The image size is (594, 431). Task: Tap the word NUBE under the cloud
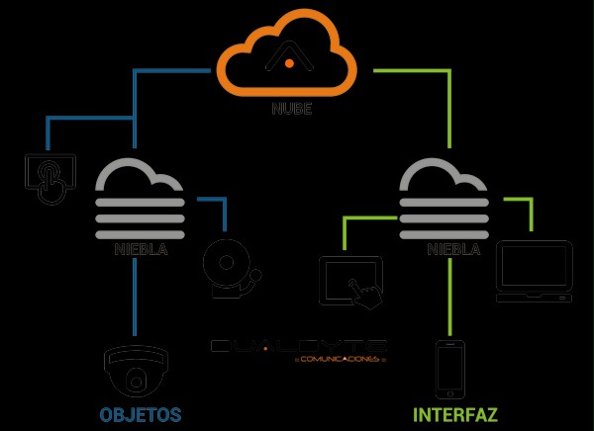click(292, 109)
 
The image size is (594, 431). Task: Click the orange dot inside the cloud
click(289, 63)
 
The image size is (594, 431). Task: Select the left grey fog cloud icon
click(140, 197)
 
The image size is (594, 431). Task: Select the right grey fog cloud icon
click(444, 197)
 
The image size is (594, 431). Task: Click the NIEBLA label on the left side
click(140, 249)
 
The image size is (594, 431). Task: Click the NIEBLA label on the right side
click(453, 249)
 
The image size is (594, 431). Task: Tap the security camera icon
click(136, 371)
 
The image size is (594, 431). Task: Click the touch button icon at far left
click(50, 176)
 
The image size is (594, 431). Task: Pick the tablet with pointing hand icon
click(351, 281)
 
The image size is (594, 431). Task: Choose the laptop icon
click(534, 270)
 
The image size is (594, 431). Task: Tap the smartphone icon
click(450, 369)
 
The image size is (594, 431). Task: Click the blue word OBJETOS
click(140, 413)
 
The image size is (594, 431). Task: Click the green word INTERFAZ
click(454, 413)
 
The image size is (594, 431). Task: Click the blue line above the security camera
click(135, 297)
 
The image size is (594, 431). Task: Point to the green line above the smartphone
click(450, 297)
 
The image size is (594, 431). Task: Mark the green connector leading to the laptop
click(530, 208)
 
